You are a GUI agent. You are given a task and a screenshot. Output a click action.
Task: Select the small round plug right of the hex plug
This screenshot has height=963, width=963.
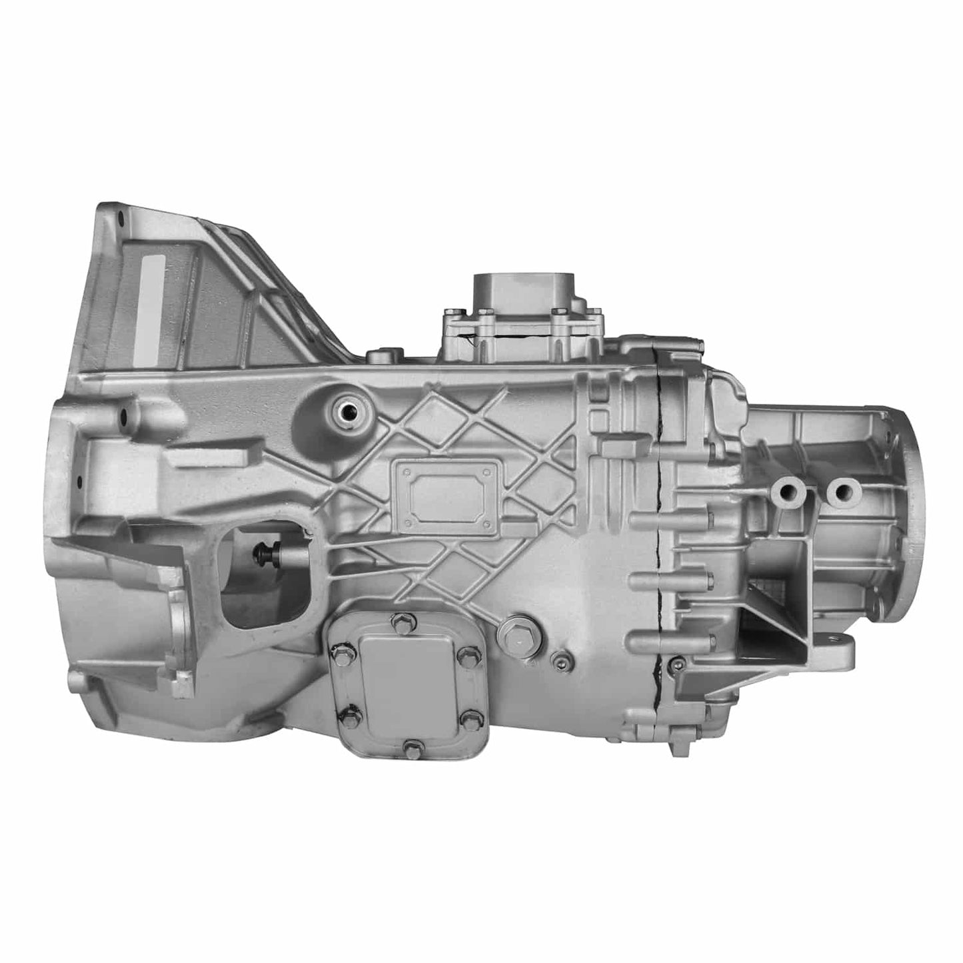559,660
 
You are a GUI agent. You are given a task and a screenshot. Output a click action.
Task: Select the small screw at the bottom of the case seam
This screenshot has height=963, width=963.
677,662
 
